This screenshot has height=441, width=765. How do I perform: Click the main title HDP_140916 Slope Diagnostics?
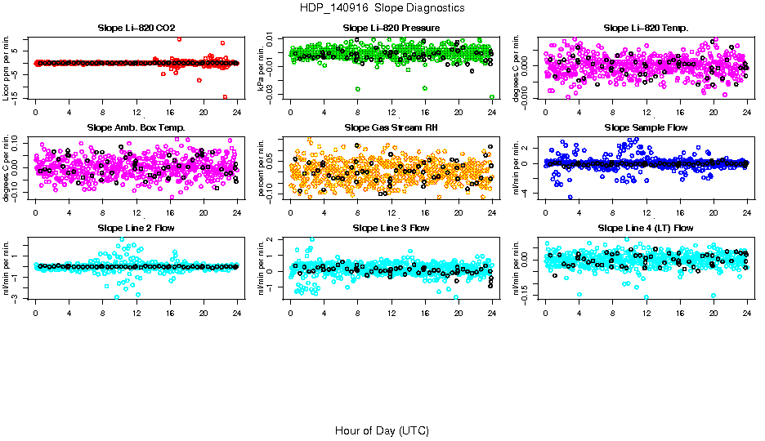(x=382, y=7)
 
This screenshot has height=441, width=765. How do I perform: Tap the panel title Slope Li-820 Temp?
(x=646, y=29)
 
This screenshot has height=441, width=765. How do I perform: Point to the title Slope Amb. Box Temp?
(x=136, y=128)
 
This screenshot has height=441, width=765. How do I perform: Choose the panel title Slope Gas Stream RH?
(x=391, y=128)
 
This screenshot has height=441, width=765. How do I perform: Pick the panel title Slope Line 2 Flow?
(x=136, y=228)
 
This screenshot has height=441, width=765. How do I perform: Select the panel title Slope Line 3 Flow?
(x=391, y=228)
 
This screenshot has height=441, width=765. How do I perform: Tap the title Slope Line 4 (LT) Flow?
(x=646, y=228)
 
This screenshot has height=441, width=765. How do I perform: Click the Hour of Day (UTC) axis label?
(x=382, y=430)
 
